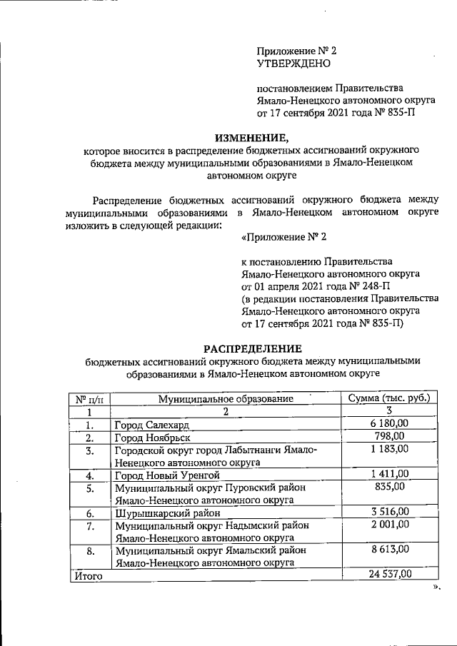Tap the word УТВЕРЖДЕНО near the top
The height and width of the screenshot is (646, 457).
point(293,64)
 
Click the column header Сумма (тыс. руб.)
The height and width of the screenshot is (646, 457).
point(389,398)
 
